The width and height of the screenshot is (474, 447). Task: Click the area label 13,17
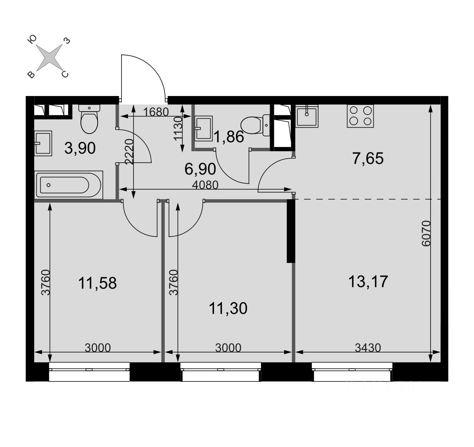368,281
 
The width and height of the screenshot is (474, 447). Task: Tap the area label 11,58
97,284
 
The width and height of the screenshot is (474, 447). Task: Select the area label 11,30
228,308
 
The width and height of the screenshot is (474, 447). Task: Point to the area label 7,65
368,158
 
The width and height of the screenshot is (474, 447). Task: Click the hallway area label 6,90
200,169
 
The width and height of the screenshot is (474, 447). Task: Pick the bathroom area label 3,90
80,148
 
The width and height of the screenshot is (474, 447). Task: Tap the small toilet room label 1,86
228,137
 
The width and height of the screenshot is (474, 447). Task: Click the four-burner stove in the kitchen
360,116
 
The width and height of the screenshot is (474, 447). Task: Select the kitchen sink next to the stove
307,116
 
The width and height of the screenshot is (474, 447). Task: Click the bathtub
69,185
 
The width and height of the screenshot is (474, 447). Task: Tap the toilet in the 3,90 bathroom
89,119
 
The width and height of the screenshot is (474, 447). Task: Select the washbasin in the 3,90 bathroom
43,143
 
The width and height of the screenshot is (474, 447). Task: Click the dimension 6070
426,234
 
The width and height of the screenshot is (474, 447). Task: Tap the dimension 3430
368,348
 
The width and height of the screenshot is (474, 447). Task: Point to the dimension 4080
205,185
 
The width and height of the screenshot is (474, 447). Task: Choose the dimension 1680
155,112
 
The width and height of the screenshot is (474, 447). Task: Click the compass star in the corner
49,56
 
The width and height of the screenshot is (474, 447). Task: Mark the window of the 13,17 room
352,372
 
